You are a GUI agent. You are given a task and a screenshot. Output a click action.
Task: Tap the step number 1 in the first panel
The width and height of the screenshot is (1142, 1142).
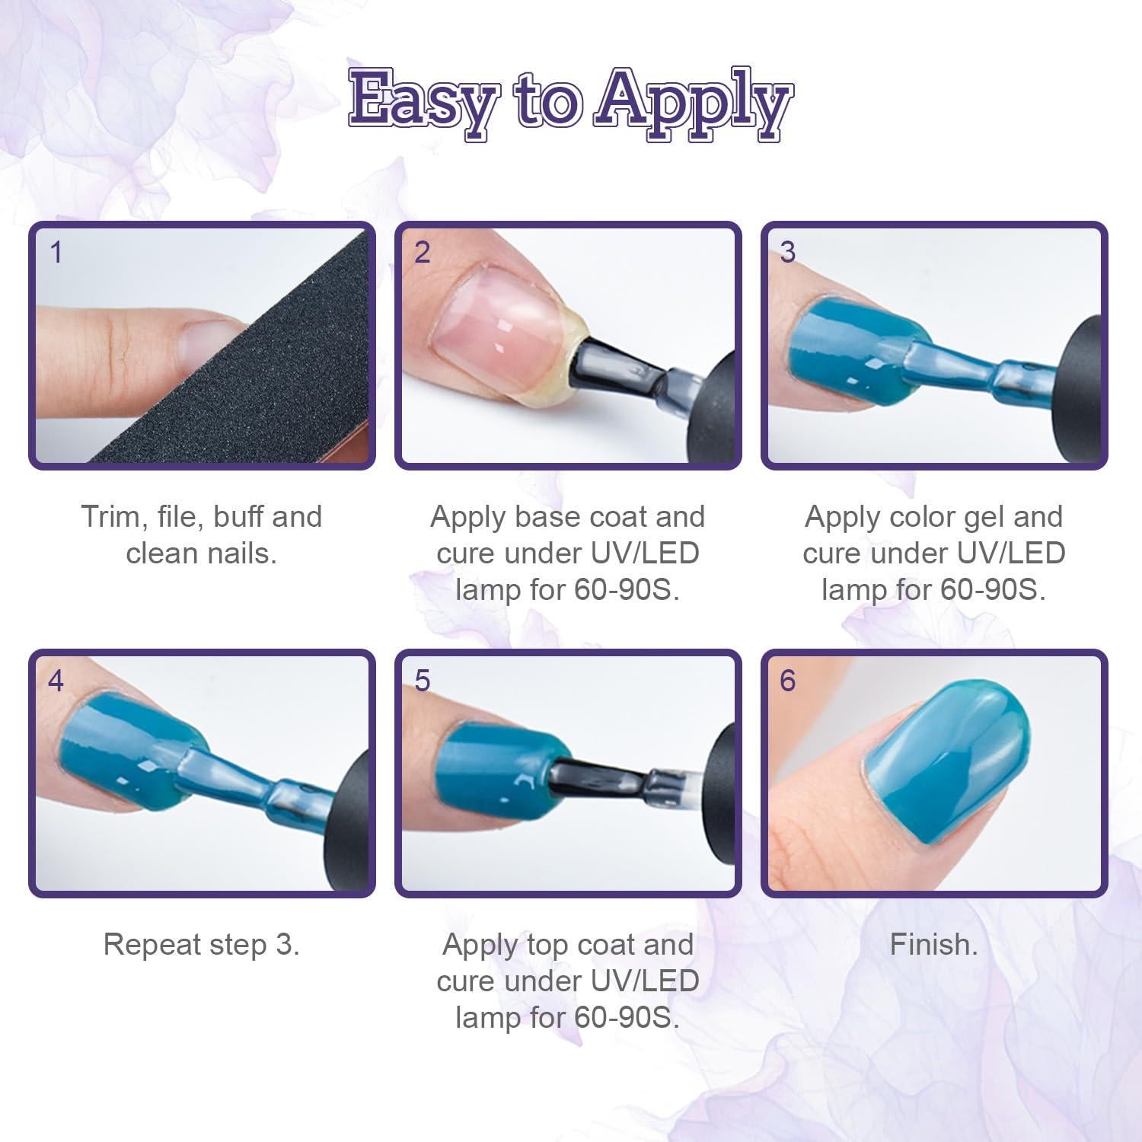[x=56, y=253]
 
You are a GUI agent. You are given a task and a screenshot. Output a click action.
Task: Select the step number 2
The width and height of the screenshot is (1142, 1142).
[x=422, y=253]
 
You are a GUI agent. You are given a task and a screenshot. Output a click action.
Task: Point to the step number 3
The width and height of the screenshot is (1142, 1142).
[x=788, y=253]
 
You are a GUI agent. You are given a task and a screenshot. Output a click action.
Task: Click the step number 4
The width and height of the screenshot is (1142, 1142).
[x=56, y=681]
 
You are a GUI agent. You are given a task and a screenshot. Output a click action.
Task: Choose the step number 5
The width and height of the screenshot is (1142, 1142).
[x=423, y=681]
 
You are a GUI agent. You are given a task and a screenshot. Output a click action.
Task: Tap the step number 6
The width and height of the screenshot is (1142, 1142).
[x=788, y=681]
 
